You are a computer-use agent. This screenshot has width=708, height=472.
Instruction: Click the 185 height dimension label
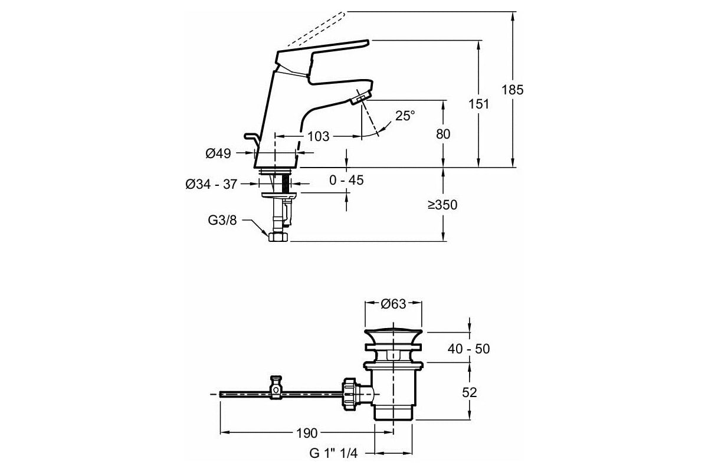tap(512, 90)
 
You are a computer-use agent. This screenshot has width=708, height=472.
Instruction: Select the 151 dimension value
tap(478, 104)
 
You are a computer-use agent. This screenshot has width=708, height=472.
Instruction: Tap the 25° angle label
tap(405, 116)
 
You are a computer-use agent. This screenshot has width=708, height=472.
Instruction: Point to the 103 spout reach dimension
tap(318, 136)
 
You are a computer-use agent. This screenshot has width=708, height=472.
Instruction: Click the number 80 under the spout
tap(443, 135)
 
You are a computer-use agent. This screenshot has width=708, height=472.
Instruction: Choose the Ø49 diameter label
tap(218, 153)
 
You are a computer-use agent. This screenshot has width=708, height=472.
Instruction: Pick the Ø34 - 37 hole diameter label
tap(211, 184)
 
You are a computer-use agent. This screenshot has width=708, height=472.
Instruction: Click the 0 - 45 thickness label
tap(346, 180)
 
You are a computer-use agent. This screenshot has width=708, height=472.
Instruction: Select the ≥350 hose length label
tap(442, 205)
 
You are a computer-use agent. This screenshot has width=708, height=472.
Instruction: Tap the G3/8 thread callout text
tap(222, 220)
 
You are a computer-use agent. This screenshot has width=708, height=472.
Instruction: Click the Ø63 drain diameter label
tap(393, 304)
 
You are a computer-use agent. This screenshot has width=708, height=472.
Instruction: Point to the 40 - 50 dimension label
tap(468, 349)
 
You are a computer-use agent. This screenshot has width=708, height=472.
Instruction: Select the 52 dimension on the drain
tap(469, 393)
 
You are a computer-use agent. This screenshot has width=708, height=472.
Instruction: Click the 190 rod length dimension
tap(307, 434)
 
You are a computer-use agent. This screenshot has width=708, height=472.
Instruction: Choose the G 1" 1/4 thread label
tap(333, 453)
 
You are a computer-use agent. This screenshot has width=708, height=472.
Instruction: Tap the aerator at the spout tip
tap(361, 97)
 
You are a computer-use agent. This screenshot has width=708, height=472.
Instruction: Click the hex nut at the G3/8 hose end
tap(278, 237)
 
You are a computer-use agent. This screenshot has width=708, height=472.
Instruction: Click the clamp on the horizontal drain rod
tap(276, 388)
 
